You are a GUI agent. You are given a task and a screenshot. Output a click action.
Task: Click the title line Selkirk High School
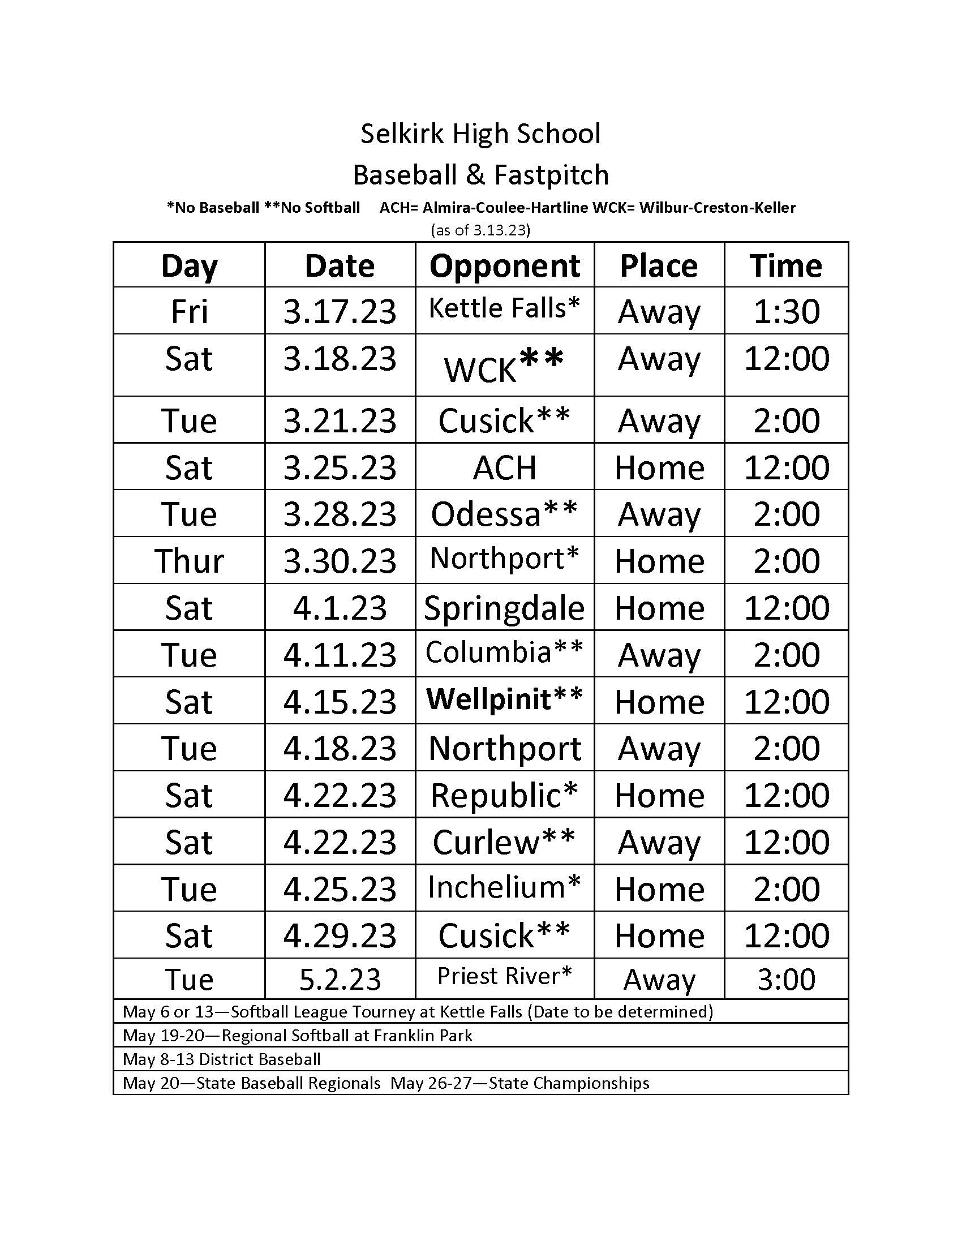pyautogui.click(x=480, y=134)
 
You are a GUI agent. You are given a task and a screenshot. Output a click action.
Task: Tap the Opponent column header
pyautogui.click(x=504, y=265)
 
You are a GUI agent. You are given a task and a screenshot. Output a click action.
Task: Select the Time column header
pyautogui.click(x=786, y=265)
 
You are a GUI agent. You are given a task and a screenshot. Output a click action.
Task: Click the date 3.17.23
pyautogui.click(x=340, y=311)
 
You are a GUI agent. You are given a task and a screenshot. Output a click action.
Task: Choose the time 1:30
pyautogui.click(x=786, y=311)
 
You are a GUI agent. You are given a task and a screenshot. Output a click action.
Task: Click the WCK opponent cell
pyautogui.click(x=504, y=365)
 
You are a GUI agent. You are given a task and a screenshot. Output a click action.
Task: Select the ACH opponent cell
pyautogui.click(x=504, y=467)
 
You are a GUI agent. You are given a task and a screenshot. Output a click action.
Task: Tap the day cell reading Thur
pyautogui.click(x=189, y=561)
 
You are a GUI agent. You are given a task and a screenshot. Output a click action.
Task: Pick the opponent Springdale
pyautogui.click(x=504, y=608)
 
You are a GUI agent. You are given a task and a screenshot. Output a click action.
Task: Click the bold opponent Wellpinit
pyautogui.click(x=504, y=699)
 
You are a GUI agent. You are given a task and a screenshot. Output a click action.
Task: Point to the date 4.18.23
pyautogui.click(x=340, y=748)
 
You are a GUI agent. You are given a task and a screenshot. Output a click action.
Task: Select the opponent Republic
pyautogui.click(x=504, y=795)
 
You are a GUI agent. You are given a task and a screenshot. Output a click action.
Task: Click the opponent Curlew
pyautogui.click(x=504, y=842)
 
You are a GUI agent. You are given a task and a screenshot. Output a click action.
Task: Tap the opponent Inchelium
pyautogui.click(x=504, y=887)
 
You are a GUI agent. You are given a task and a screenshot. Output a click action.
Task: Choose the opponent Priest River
pyautogui.click(x=504, y=976)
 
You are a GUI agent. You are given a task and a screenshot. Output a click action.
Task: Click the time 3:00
pyautogui.click(x=786, y=980)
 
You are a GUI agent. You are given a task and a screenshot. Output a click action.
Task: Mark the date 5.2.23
pyautogui.click(x=340, y=980)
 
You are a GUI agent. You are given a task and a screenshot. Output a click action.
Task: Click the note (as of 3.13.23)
pyautogui.click(x=480, y=230)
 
